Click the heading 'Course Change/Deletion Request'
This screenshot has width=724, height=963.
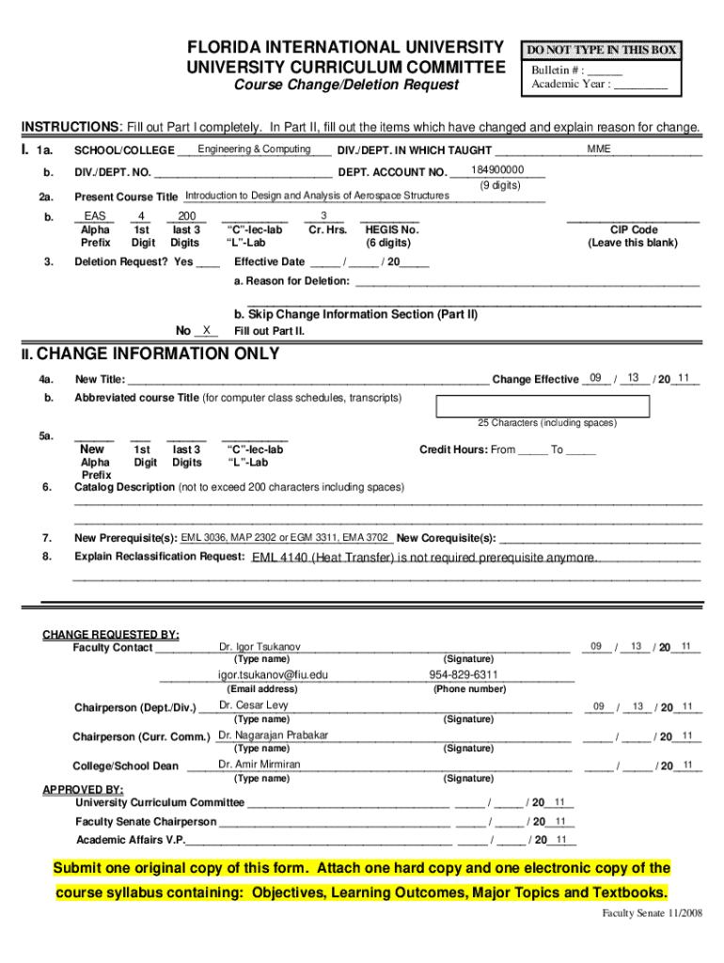click(347, 86)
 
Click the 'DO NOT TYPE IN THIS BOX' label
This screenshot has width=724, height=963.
click(602, 50)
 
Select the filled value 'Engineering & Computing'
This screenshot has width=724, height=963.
click(254, 150)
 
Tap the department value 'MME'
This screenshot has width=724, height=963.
click(599, 150)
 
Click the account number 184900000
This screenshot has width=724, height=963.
click(496, 170)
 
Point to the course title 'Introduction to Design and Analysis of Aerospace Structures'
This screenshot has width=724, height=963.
click(317, 196)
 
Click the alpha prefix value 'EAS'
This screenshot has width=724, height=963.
click(95, 216)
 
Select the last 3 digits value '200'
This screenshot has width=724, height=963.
click(185, 216)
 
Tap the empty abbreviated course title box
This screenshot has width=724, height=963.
click(543, 406)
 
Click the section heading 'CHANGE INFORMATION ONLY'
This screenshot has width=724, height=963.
click(157, 355)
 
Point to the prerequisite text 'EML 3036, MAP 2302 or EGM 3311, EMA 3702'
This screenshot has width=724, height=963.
click(285, 537)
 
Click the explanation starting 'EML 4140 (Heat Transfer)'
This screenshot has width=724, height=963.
click(423, 558)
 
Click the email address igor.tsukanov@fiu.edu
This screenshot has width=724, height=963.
click(274, 675)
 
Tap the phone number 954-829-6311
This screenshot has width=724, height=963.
click(464, 675)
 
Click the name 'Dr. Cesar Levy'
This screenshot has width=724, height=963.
click(253, 705)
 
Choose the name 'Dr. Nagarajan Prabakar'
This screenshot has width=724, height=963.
click(274, 735)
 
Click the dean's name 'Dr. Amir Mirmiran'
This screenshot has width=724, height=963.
click(260, 765)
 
